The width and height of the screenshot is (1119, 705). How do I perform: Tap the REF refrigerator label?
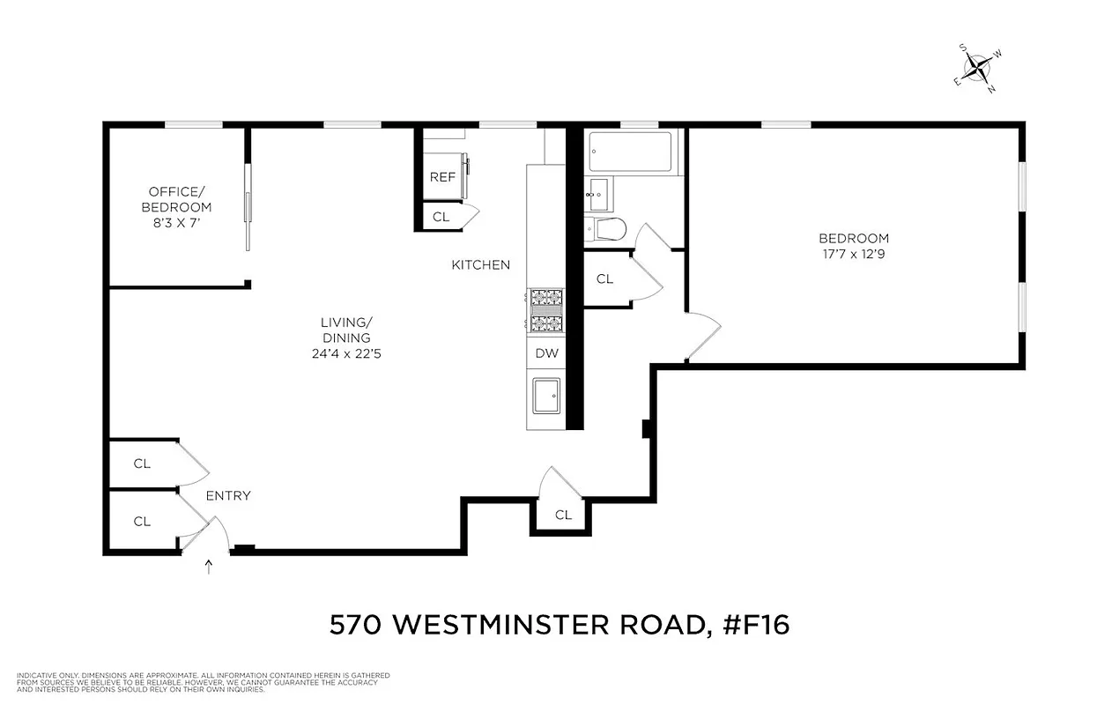point(442,177)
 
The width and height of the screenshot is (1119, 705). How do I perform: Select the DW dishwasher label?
point(546,353)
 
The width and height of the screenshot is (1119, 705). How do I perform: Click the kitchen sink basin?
point(546,397)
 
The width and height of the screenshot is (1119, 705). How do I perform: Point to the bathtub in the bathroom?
point(630,152)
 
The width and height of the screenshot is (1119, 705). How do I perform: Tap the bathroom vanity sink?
point(599,190)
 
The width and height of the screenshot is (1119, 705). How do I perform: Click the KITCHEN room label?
point(480,264)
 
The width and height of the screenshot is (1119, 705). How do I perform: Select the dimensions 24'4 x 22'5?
point(345,354)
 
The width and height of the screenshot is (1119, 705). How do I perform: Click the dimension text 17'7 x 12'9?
point(853,255)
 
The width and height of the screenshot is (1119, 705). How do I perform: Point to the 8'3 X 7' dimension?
point(180,224)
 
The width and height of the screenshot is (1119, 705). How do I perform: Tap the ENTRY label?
point(228,496)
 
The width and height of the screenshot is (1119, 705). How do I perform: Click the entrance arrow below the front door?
point(209,566)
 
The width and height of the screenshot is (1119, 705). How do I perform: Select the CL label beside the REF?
point(441,216)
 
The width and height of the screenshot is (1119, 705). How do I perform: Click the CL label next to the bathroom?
point(604,279)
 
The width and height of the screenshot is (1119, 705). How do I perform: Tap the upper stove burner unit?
point(546,299)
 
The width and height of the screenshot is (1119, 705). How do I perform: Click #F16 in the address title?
point(753,625)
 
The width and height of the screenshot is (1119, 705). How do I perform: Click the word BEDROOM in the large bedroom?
point(853,238)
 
